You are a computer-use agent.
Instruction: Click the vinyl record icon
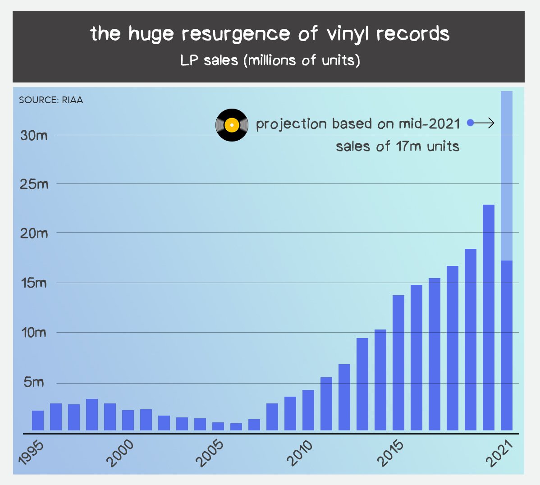pyautogui.click(x=232, y=125)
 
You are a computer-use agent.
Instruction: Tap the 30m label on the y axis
pyautogui.click(x=34, y=135)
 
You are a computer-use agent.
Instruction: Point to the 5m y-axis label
pyautogui.click(x=34, y=382)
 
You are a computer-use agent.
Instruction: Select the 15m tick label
pyautogui.click(x=34, y=283)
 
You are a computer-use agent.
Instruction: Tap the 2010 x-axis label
pyautogui.click(x=301, y=453)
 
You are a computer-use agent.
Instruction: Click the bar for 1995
pyautogui.click(x=38, y=420)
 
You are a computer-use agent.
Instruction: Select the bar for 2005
pyautogui.click(x=218, y=426)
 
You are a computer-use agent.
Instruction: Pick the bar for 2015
pyautogui.click(x=398, y=362)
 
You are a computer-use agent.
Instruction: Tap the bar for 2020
pyautogui.click(x=489, y=317)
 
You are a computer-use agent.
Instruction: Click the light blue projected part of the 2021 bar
pyautogui.click(x=507, y=176)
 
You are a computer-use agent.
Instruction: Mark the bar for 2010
pyautogui.click(x=308, y=410)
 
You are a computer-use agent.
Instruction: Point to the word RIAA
pyautogui.click(x=73, y=100)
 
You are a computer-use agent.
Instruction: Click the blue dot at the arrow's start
pyautogui.click(x=470, y=123)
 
